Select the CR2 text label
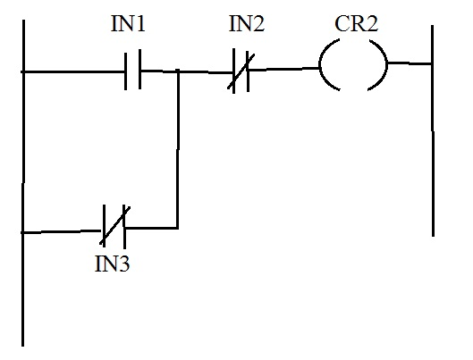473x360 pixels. coord(356,24)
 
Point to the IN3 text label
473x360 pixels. coord(114,265)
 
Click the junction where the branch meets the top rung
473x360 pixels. coord(179,71)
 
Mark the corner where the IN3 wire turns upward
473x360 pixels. coord(179,227)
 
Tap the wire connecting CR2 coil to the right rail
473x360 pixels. coord(410,63)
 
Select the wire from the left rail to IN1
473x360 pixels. coord(72,71)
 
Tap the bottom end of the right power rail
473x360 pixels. coord(433,234)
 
